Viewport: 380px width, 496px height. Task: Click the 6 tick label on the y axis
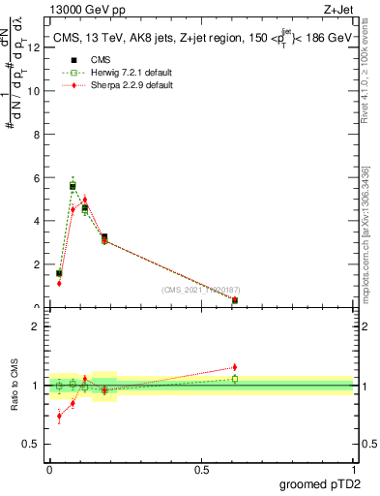point(36,178)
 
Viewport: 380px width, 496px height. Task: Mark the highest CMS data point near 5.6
point(73,186)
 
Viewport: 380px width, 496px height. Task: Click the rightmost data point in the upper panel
point(235,300)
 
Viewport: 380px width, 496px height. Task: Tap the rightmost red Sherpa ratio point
point(235,367)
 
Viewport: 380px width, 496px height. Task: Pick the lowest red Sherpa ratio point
point(59,417)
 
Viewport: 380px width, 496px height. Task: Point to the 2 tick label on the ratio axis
point(36,326)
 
